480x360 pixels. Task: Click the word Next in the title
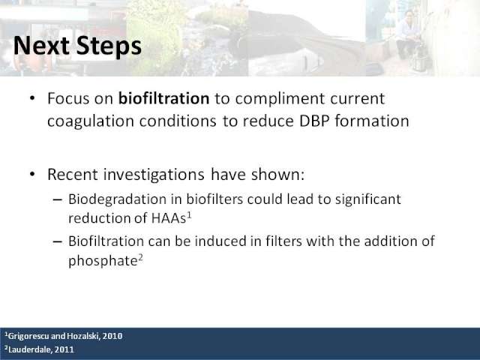point(42,46)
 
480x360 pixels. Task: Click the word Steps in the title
point(109,46)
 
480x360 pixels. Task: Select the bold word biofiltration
point(163,98)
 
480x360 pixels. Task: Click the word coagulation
point(91,121)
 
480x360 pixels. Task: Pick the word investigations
point(154,175)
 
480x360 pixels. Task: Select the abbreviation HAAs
point(168,218)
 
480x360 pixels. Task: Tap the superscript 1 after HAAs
point(189,215)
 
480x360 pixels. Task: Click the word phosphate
point(103,261)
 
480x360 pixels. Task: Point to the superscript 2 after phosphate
point(140,258)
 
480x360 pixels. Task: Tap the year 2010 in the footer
point(112,336)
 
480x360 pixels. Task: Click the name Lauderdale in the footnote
point(28,349)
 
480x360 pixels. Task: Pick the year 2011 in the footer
point(64,349)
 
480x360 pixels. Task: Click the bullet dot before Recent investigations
point(32,174)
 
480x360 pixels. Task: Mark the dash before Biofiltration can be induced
point(57,241)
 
